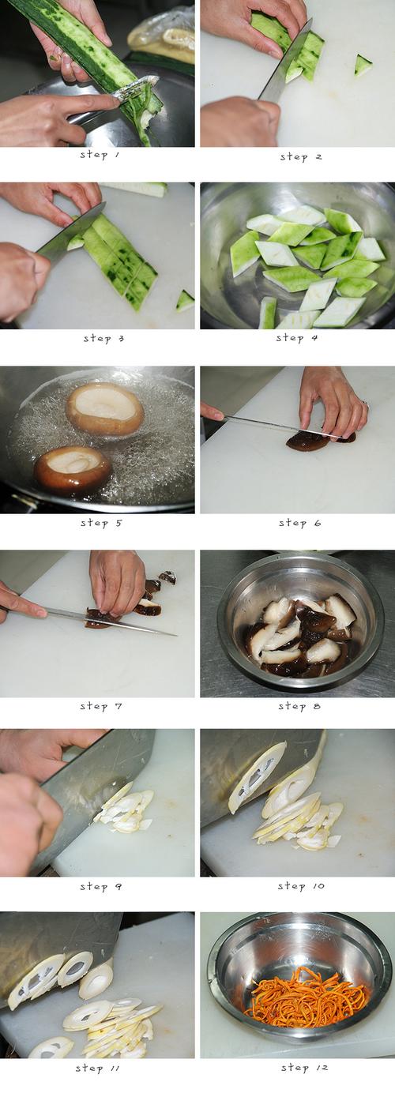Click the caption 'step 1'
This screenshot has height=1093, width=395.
click(x=100, y=155)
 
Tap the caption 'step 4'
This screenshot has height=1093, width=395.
click(x=297, y=338)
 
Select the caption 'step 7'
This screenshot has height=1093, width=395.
click(x=101, y=706)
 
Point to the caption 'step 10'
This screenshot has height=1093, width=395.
click(x=301, y=886)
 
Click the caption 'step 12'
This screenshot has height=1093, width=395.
click(x=304, y=1068)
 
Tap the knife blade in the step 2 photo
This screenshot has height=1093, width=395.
click(x=286, y=61)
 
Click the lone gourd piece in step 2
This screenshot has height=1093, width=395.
click(x=363, y=66)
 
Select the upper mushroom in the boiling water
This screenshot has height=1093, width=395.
click(x=105, y=409)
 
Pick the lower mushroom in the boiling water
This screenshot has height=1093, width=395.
click(x=72, y=471)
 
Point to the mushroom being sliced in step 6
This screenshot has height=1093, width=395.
click(x=320, y=440)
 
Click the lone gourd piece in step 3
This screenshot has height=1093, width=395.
click(x=186, y=301)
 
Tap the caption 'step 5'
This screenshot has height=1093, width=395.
click(x=101, y=523)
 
